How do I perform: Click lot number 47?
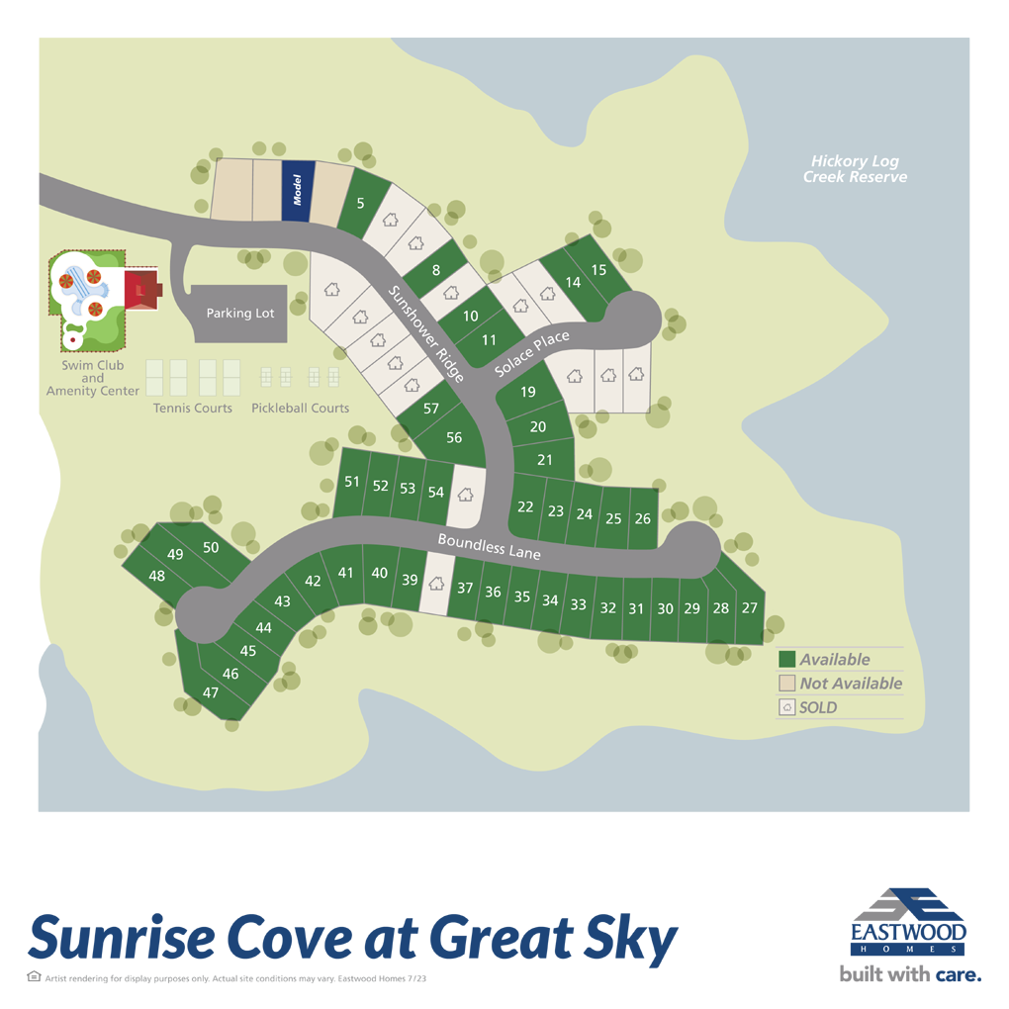point(211,692)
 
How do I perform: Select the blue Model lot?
point(297,191)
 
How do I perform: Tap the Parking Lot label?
point(239,314)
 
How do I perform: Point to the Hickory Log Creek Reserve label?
point(855,169)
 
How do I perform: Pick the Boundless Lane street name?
point(490,546)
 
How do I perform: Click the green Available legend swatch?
point(787,660)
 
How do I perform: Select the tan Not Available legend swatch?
point(787,684)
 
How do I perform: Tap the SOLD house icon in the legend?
point(787,707)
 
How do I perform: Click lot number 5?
point(361,204)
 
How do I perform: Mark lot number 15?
point(597,270)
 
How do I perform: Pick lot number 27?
point(749,607)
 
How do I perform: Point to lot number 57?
point(430,409)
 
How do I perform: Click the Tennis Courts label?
point(193,408)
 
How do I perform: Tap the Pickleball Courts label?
point(300,408)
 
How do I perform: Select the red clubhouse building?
point(140,288)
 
